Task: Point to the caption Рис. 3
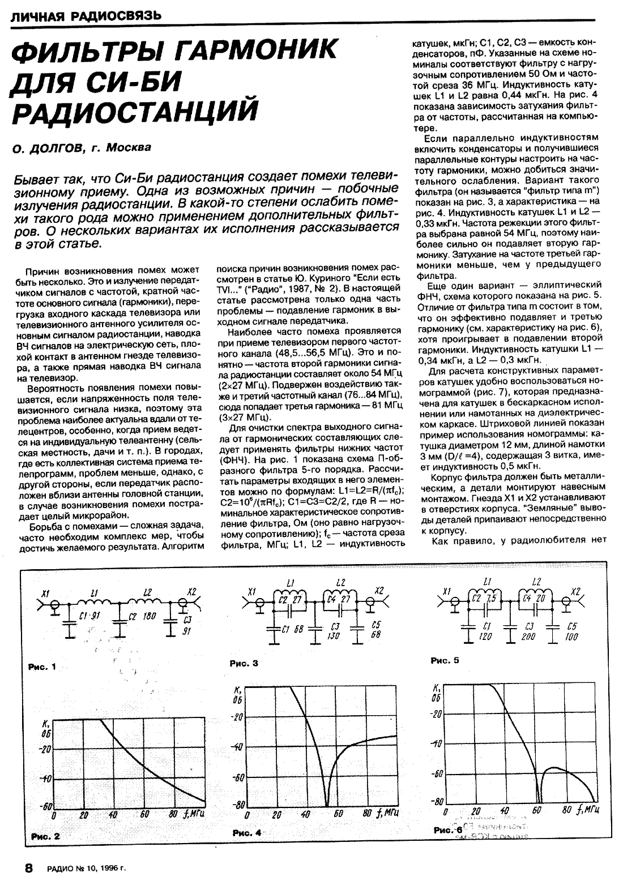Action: coord(244,663)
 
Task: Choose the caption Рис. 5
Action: coord(445,660)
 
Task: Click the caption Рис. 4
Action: coord(247,833)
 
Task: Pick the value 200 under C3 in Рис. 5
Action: coord(530,635)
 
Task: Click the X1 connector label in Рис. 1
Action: coord(45,593)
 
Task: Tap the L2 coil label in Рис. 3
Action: coord(341,582)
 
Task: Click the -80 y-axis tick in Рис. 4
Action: coord(238,804)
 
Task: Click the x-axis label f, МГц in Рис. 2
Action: coord(194,815)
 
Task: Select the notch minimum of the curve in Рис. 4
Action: coord(327,803)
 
